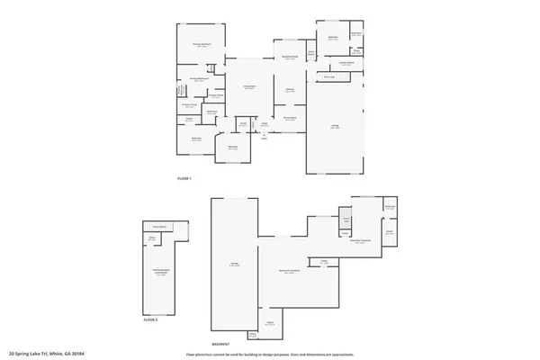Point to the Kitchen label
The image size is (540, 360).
(290, 91)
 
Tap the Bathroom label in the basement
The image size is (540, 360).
(390, 208)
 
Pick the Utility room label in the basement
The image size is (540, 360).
(346, 219)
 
